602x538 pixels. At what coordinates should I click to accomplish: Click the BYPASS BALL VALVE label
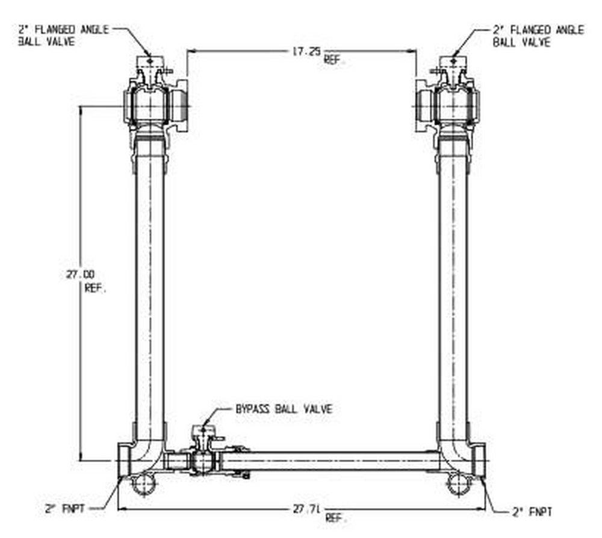(283, 409)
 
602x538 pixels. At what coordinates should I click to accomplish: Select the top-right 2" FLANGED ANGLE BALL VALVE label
(538, 36)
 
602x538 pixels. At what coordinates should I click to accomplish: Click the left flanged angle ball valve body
(147, 106)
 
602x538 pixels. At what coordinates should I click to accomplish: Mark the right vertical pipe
(453, 289)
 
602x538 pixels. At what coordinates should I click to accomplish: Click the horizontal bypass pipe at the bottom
(337, 461)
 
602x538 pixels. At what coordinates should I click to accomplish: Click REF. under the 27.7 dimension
(335, 519)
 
